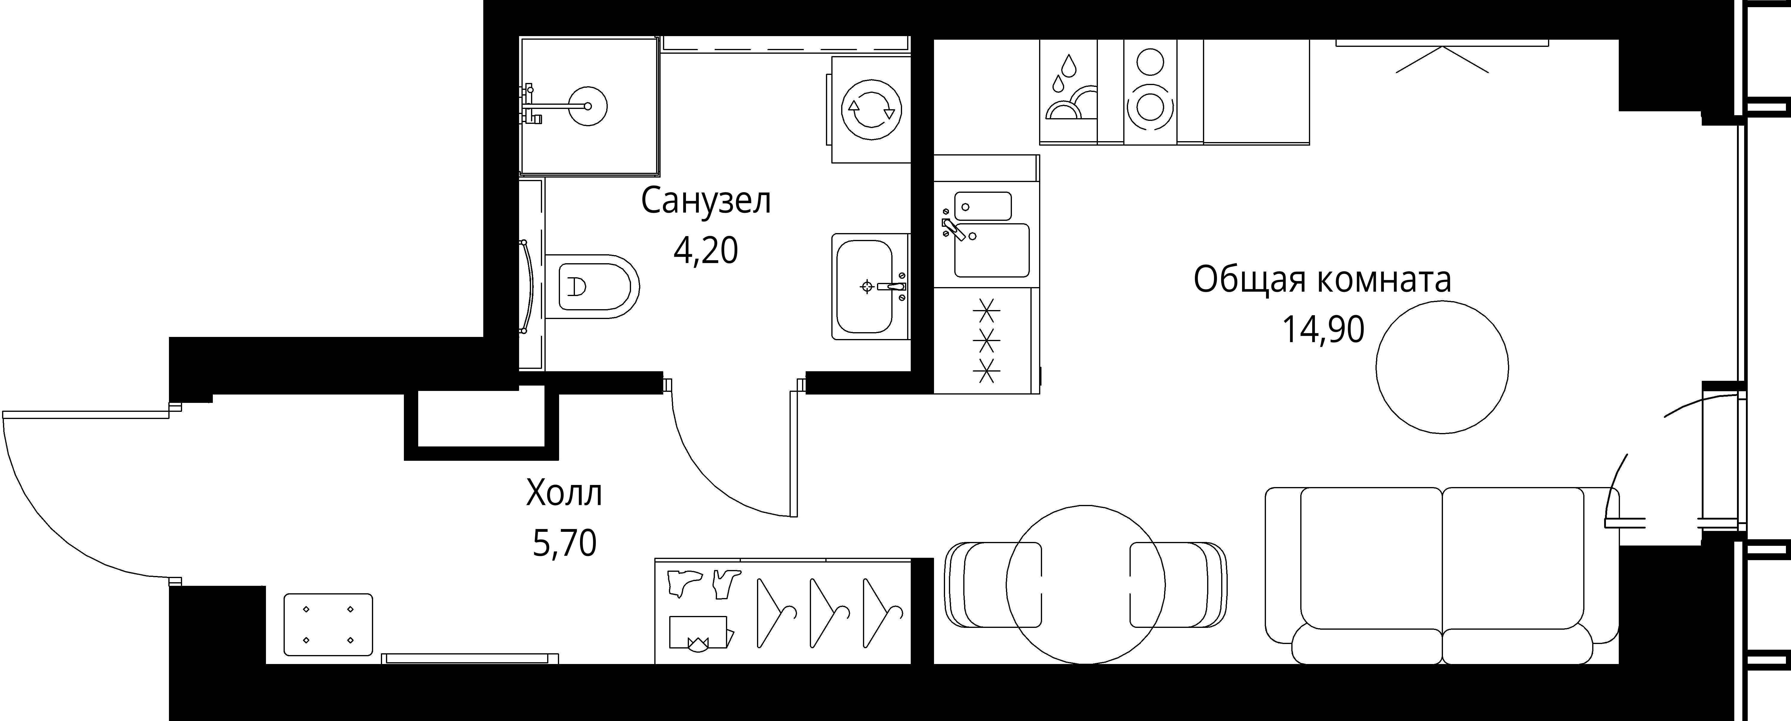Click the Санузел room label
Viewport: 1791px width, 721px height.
click(706, 202)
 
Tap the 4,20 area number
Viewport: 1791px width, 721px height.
click(706, 250)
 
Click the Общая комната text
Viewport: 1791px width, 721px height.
click(1322, 280)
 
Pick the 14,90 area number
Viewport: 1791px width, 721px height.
click(1323, 329)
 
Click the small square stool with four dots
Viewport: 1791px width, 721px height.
click(328, 624)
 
